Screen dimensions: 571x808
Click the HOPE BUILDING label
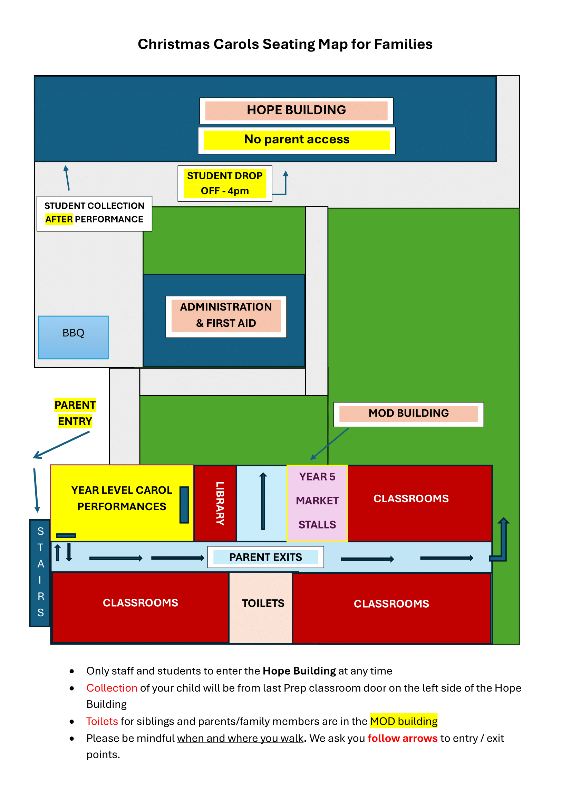coord(296,111)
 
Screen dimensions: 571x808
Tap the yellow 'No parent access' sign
coord(297,140)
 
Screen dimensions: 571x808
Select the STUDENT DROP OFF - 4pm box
coord(225,183)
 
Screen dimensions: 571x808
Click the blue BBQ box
coord(73,337)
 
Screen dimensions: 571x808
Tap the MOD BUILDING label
coord(408,414)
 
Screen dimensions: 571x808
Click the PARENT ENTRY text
coord(75,413)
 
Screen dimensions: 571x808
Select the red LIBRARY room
coord(215,503)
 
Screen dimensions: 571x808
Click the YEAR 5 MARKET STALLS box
coord(317,503)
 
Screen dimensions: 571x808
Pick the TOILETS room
coord(261,607)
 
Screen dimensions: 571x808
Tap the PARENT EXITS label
coord(265,557)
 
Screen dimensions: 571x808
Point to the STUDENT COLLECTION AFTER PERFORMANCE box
coord(94,213)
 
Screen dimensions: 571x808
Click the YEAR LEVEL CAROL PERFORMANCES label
coord(122,498)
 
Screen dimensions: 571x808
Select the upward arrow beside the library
coord(263,501)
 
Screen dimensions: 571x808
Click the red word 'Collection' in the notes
coord(112,688)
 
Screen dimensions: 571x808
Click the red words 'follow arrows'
coord(403,738)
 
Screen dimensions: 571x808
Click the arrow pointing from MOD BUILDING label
coord(329,444)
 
